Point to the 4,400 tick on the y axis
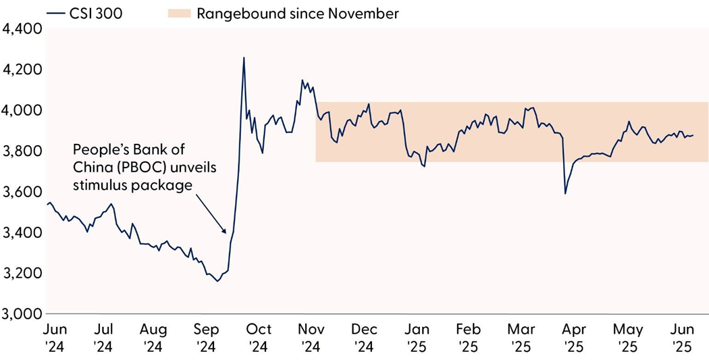[x=22, y=28]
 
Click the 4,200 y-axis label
[x=22, y=70]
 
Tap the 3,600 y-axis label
[x=22, y=192]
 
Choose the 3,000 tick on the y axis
[x=22, y=314]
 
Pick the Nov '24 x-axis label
[x=311, y=338]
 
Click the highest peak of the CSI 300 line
[x=244, y=58]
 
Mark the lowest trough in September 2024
[x=217, y=281]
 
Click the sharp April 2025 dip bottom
[x=565, y=194]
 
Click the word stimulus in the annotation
[x=97, y=185]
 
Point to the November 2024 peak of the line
[x=302, y=80]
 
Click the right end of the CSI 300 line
[x=693, y=135]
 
